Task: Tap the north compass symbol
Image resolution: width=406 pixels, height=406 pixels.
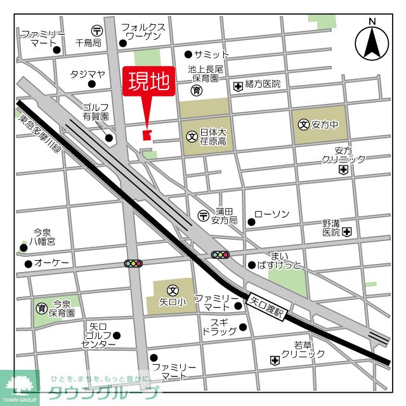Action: coord(372,43)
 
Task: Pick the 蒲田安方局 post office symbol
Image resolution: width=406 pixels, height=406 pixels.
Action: coord(202,215)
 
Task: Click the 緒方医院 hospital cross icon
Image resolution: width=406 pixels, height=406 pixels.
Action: coord(238,85)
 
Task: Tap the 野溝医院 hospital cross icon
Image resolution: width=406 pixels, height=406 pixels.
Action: coord(346,233)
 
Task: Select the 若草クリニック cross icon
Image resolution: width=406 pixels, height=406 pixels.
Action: coord(274,360)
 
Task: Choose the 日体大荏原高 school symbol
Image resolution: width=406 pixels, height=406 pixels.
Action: coord(192,136)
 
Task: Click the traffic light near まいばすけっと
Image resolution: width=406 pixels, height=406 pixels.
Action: coord(220,254)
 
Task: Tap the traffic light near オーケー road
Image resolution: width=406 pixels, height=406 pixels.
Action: coord(134,263)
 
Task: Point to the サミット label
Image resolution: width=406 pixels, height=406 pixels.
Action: coord(211,55)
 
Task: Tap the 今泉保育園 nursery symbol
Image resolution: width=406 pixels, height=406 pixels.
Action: coord(42,308)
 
